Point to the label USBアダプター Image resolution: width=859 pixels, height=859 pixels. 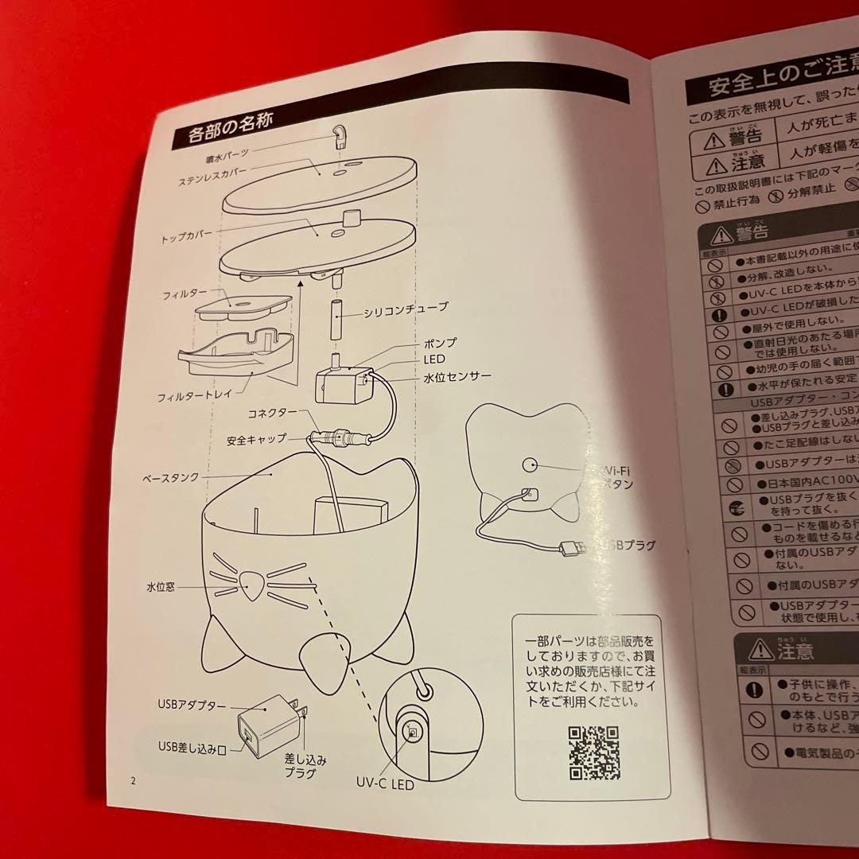point(192,705)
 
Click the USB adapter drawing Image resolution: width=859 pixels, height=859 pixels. point(266,725)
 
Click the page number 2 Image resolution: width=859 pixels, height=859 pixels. point(134,781)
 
